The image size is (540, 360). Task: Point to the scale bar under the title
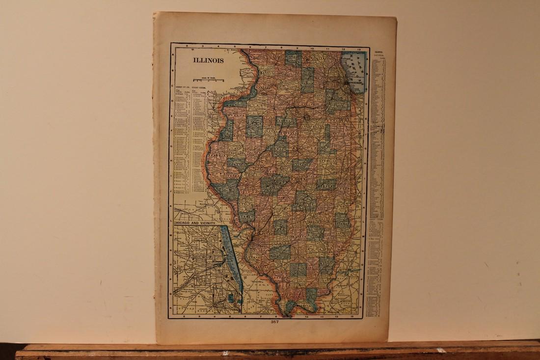[208, 79]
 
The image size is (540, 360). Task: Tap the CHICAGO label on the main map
[355, 84]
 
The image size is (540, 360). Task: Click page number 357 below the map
[274, 322]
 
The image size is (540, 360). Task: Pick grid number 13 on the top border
[360, 48]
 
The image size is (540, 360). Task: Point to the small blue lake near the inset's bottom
[230, 298]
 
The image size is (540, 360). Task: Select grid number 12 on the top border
[344, 48]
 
